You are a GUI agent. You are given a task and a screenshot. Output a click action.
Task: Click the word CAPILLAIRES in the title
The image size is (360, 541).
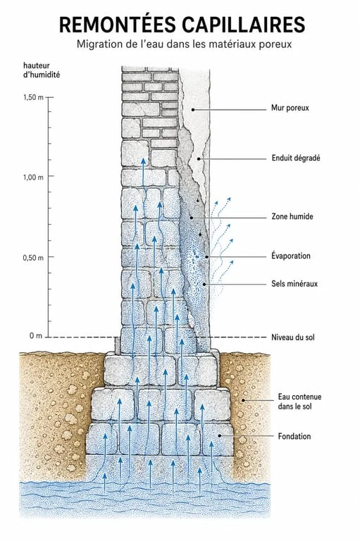[x=243, y=25]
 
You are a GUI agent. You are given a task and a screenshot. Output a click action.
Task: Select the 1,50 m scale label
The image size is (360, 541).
[x=34, y=97]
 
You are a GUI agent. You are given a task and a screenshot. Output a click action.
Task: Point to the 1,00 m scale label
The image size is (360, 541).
[x=34, y=177]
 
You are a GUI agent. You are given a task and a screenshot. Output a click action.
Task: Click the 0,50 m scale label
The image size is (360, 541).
[x=34, y=258]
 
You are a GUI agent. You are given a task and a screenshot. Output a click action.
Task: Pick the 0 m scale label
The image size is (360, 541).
[x=36, y=336]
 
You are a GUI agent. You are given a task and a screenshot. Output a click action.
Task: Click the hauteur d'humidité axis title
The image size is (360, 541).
[x=42, y=70]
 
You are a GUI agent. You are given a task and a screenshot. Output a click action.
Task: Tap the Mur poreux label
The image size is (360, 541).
[x=290, y=108]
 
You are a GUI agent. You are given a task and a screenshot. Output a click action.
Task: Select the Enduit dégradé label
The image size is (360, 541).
[x=296, y=158]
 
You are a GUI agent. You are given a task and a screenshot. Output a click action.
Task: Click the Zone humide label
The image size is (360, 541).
[x=292, y=217]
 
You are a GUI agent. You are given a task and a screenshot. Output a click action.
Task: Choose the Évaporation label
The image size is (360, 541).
[x=291, y=256]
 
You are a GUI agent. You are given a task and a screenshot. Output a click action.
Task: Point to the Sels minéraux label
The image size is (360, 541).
[x=294, y=284]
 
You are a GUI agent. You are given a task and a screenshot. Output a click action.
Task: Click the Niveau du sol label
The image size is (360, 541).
[x=292, y=337]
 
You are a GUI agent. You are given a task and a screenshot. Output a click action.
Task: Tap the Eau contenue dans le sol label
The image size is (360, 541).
[x=299, y=402]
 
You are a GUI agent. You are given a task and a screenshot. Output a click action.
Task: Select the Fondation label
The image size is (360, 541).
[x=294, y=437]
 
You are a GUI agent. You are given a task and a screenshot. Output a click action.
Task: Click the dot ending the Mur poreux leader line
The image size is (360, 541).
[x=193, y=110]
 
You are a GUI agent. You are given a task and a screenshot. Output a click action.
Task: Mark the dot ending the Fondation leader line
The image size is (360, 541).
[x=220, y=436]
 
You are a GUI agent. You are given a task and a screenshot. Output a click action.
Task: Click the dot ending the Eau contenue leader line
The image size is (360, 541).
[x=243, y=401]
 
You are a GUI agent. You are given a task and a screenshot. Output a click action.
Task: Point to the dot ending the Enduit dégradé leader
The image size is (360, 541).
[x=199, y=158]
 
